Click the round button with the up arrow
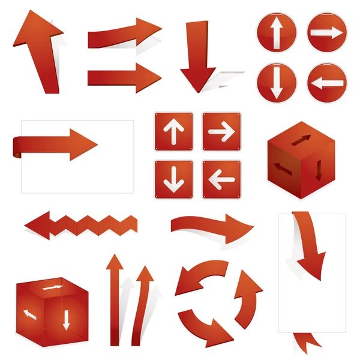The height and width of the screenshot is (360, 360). pos(277,33)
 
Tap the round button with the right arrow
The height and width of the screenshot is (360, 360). pos(328,33)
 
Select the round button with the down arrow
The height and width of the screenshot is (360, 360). pos(277,82)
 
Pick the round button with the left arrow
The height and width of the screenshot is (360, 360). pos(328,83)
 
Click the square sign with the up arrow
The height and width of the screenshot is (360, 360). pos(173,131)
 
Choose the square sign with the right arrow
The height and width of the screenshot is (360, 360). pos(221,131)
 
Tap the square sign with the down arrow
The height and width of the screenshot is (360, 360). pos(173,179)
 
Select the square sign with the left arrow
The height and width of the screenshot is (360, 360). pos(221,179)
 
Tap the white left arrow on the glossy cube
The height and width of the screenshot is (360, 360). pos(29,313)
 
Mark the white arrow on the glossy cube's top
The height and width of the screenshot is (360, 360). pos(53,289)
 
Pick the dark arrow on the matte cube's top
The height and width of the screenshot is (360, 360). pos(302,140)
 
